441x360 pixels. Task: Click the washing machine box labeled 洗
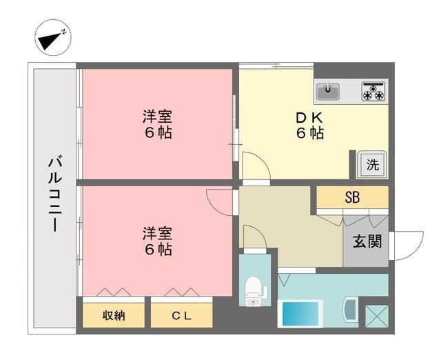tap(372, 165)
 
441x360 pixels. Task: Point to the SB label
tap(352, 197)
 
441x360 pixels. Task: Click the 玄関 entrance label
tap(365, 242)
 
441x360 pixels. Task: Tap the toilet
tap(254, 290)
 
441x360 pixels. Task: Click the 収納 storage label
tap(114, 316)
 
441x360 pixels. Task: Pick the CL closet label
tap(182, 316)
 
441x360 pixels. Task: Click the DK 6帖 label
tap(309, 125)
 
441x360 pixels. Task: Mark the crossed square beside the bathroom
tap(376, 315)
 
